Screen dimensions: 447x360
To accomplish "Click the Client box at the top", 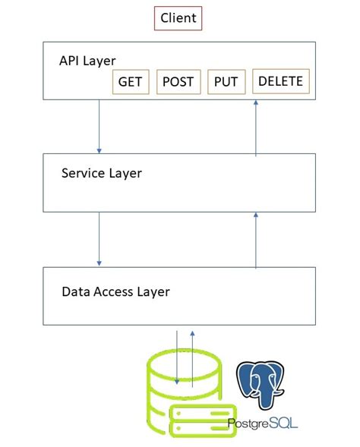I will click(178, 18).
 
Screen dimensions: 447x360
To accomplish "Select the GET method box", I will click(131, 82).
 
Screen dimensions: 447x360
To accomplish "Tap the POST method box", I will click(178, 82).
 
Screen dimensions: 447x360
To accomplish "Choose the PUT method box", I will click(226, 82).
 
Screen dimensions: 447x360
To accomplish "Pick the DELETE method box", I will click(280, 81).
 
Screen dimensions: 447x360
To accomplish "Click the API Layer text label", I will click(87, 61).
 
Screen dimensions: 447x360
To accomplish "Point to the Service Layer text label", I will click(101, 173).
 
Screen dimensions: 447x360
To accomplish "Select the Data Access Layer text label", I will click(115, 291).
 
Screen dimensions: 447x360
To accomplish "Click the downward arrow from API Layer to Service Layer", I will click(99, 125).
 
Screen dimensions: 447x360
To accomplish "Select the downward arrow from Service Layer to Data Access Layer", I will click(99, 238).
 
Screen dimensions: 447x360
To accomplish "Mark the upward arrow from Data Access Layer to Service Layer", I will click(256, 241).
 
